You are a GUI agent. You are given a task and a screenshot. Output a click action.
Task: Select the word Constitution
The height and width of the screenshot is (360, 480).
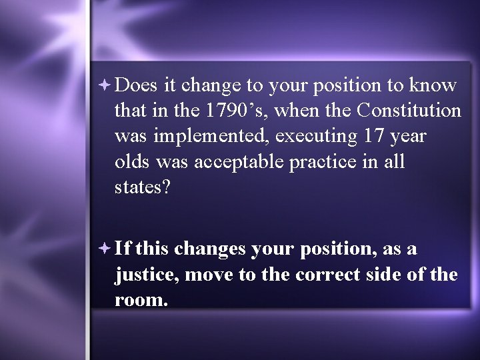pos(409,111)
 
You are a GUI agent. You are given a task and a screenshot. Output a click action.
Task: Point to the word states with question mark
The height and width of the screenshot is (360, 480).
pos(143,187)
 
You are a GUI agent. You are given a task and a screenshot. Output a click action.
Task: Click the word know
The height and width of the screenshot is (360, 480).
pos(433,85)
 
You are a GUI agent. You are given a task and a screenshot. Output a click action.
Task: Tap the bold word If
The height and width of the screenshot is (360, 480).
pos(124,249)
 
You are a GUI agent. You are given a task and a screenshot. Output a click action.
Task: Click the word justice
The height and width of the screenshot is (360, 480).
pos(146,274)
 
